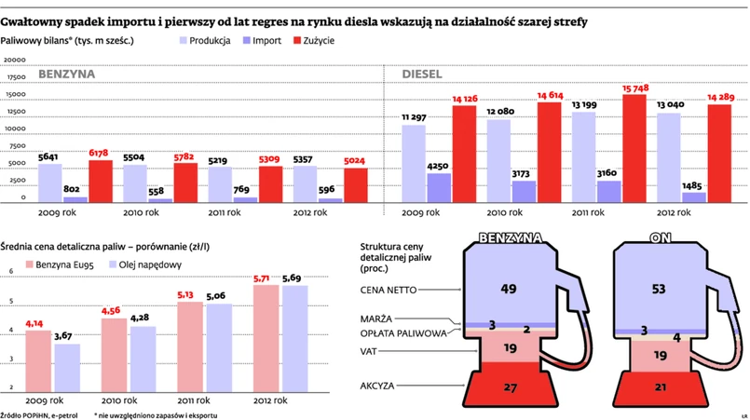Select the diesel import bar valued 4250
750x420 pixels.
coord(440,188)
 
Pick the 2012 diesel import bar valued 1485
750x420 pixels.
coord(694,197)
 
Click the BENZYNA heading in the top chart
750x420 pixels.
coord(67,75)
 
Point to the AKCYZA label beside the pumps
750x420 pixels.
coord(380,385)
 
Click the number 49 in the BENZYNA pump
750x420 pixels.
coord(509,290)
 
